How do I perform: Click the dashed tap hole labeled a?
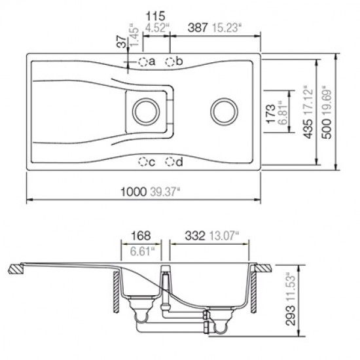point(143,62)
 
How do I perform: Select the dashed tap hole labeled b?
point(170,62)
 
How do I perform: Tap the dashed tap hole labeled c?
point(143,162)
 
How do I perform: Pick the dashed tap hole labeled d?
point(170,162)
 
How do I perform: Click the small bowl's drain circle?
point(146,111)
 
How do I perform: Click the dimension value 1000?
point(134,192)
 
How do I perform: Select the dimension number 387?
point(198,27)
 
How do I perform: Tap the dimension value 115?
point(155,16)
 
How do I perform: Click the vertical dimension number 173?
point(271,113)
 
